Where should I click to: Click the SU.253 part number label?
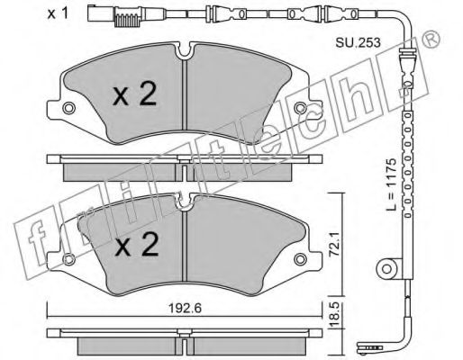click(358, 43)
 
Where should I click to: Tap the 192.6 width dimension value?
click(185, 309)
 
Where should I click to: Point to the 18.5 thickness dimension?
click(334, 312)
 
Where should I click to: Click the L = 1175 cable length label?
click(392, 184)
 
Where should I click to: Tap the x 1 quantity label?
click(58, 13)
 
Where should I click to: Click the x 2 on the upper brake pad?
click(135, 94)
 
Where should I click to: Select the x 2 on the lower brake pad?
click(137, 245)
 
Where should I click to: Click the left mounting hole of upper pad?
click(68, 108)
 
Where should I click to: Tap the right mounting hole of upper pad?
click(300, 108)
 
